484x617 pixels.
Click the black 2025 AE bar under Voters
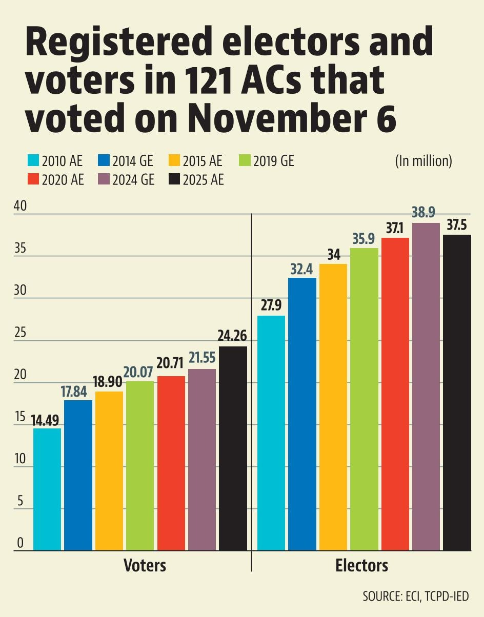tap(233, 448)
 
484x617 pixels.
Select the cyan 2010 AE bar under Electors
tap(271, 433)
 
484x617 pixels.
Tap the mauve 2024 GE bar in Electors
tap(426, 387)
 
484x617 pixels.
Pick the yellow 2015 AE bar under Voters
tap(109, 471)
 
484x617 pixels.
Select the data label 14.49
tap(47, 420)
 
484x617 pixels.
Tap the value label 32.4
tap(302, 268)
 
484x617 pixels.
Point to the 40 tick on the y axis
tap(19, 206)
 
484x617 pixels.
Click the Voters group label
tap(145, 566)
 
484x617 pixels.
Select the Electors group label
tap(361, 566)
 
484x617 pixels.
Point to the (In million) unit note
tap(423, 161)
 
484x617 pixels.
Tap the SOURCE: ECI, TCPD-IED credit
tap(415, 597)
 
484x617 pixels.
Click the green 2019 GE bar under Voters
tap(140, 466)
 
